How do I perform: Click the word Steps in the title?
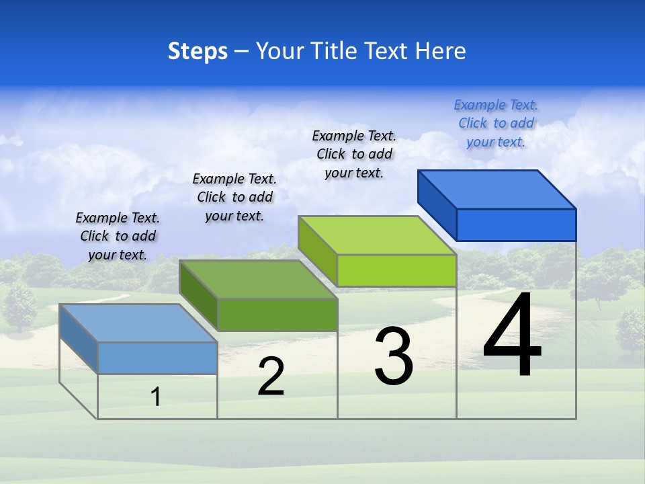click(x=198, y=51)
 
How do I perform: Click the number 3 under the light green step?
click(x=394, y=356)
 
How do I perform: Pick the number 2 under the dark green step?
click(x=271, y=377)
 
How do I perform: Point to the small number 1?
click(x=156, y=397)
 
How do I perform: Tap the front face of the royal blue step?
click(x=516, y=225)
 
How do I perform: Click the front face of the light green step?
click(x=396, y=271)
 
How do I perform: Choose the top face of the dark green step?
click(x=258, y=279)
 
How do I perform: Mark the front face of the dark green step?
click(x=277, y=315)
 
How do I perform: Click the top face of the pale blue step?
click(x=138, y=323)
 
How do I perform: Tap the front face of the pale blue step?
click(x=157, y=358)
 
